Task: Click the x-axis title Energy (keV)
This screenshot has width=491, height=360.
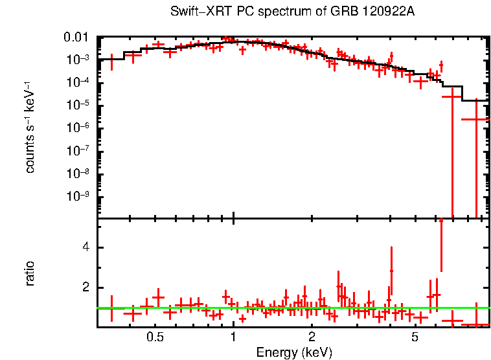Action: point(294,352)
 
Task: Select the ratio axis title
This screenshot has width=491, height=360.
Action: point(30,273)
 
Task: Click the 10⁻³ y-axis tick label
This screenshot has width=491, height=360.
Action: point(78,59)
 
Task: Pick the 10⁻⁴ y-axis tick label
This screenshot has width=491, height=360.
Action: point(78,82)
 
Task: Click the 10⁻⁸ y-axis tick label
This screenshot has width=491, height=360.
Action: point(78,174)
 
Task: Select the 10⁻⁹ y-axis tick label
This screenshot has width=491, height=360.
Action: point(78,196)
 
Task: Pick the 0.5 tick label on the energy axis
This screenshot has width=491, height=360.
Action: point(154,337)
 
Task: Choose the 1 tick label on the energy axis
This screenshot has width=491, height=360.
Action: point(233,337)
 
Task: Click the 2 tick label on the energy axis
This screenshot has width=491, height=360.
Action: point(312,337)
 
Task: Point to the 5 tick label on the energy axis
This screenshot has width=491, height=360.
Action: point(415,337)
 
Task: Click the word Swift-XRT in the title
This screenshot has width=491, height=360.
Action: point(194,12)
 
